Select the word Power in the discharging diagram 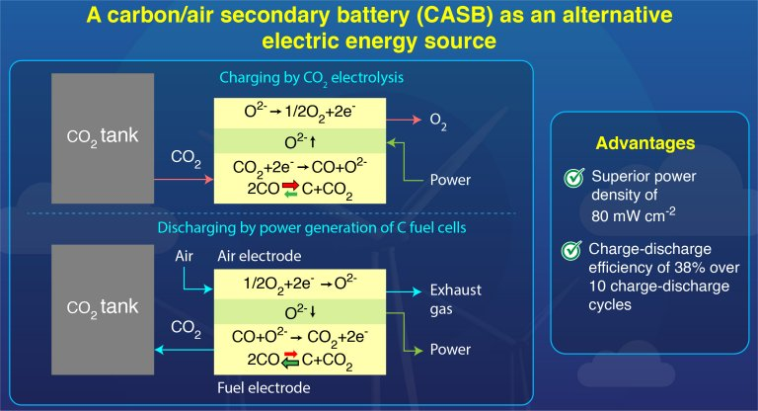tap(450, 350)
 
